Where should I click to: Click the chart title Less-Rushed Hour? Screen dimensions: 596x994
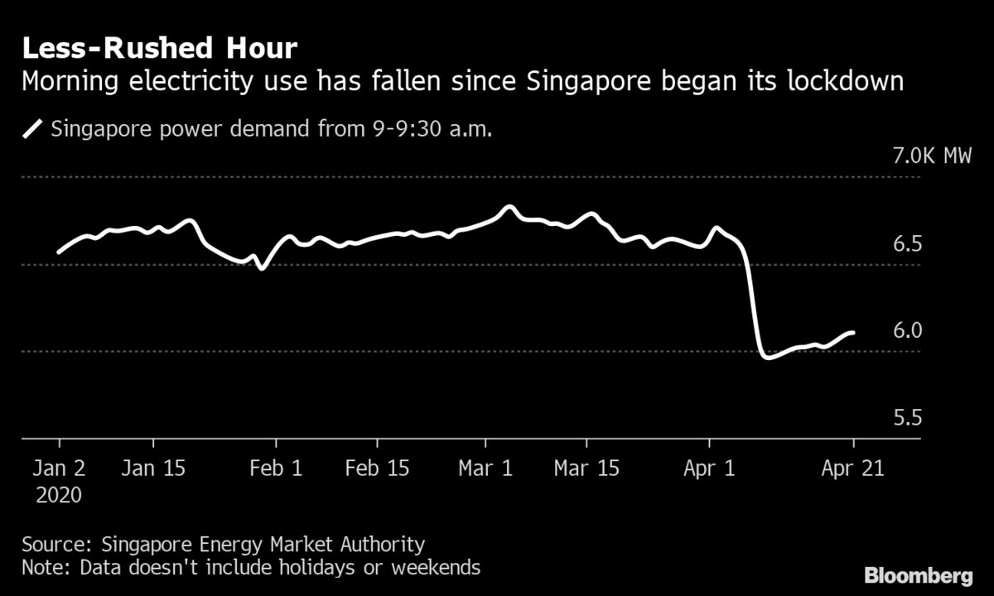coord(159,48)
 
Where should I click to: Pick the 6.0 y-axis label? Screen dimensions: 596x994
coord(907,330)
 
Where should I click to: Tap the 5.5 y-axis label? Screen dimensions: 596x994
coord(907,417)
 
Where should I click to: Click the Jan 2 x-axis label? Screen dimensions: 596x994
coord(59,468)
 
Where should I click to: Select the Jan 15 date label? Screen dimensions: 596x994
coord(153,468)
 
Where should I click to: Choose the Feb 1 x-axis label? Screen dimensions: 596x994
coord(276,468)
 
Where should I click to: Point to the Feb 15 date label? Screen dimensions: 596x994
coord(376,468)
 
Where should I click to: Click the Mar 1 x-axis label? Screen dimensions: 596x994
coord(485,468)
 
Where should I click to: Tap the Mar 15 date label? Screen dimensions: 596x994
coord(586,468)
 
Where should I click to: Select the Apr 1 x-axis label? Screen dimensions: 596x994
coord(711,468)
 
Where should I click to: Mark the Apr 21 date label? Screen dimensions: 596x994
coord(853,468)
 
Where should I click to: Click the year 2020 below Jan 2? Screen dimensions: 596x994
coord(59,495)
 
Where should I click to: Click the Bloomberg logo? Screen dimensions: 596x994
coord(919,574)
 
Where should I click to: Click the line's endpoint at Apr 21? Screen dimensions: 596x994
coord(853,333)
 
